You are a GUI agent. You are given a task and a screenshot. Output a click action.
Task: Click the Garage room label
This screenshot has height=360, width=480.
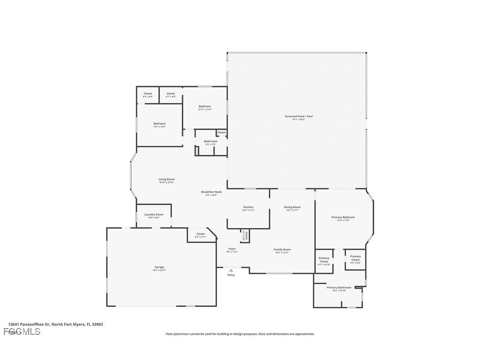(x=160, y=267)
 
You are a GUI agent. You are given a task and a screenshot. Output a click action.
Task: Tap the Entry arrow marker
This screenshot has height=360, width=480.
(x=231, y=270)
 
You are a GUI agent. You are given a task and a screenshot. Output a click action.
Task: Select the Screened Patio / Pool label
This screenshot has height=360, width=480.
(x=298, y=116)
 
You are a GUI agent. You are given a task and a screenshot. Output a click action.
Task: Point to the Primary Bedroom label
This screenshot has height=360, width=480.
(x=343, y=217)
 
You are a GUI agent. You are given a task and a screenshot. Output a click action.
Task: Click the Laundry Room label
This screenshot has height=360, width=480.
(x=153, y=214)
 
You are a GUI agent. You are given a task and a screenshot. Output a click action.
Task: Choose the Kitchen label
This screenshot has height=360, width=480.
(x=248, y=207)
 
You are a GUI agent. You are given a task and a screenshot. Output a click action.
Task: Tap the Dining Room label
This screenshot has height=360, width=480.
(x=292, y=207)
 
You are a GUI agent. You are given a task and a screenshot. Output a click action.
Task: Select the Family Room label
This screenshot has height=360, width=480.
(x=282, y=249)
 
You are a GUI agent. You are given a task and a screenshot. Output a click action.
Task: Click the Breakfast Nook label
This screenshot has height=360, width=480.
(x=211, y=192)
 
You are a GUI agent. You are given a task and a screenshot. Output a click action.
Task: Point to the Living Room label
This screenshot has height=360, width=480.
(x=166, y=180)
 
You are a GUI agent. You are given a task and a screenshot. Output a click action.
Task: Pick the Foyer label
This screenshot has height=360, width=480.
(x=232, y=249)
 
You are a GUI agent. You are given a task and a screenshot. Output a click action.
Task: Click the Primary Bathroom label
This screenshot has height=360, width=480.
(x=339, y=288)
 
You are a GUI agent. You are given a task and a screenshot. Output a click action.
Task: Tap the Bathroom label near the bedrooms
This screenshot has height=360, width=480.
(x=210, y=142)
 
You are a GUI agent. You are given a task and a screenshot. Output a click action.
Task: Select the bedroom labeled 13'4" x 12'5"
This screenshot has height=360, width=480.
(x=159, y=124)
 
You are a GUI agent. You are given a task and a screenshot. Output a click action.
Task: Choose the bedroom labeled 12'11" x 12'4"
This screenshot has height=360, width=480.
(x=205, y=107)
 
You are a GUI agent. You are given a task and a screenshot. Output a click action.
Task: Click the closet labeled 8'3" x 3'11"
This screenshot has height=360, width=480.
(x=200, y=234)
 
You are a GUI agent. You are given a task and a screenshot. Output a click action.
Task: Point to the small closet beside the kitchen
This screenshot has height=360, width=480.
(x=246, y=235)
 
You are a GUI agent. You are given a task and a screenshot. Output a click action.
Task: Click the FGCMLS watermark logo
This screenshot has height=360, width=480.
(x=22, y=332)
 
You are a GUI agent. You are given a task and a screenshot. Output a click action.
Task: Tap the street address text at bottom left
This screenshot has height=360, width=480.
(x=55, y=324)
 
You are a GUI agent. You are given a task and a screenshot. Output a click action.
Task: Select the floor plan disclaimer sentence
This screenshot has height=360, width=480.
(x=240, y=334)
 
